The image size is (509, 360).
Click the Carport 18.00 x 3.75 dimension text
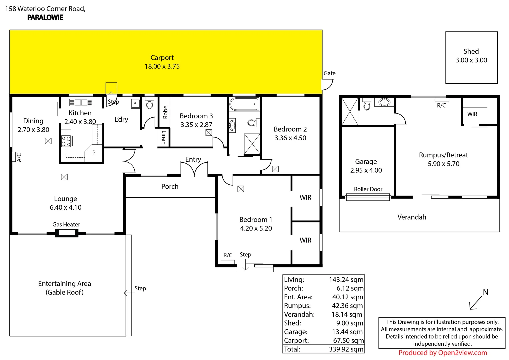[162, 66]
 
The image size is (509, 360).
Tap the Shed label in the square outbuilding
[471, 51]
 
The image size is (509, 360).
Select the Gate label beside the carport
[329, 73]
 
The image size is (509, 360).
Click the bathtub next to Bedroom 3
[244, 104]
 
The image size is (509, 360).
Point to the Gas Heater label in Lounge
[66, 224]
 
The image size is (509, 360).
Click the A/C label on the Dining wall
[19, 157]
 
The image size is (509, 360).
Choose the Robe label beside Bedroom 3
[165, 112]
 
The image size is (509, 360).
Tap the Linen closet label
[163, 137]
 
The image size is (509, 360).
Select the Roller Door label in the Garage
[368, 189]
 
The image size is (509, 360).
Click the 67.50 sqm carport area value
[348, 340]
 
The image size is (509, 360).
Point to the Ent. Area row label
[298, 297]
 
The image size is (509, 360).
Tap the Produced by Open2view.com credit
[442, 353]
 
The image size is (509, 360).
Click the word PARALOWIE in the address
[45, 18]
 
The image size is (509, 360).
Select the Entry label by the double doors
[193, 159]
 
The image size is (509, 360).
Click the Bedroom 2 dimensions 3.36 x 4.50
[290, 138]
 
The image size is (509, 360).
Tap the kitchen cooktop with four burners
[66, 141]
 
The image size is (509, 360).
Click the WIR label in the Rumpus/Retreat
[472, 114]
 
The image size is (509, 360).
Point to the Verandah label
[412, 217]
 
